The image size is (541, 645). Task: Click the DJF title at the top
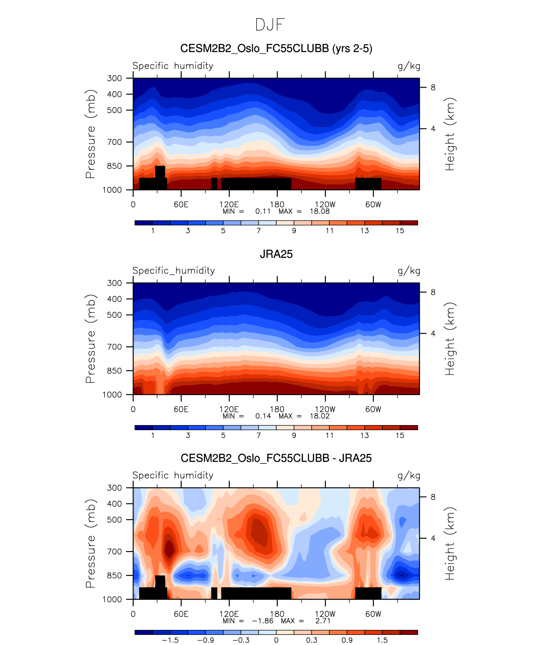[270, 25]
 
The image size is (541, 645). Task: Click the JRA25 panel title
[276, 254]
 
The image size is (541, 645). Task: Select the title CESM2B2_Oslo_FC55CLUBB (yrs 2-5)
[276, 48]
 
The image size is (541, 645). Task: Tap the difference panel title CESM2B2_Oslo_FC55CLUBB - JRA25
[276, 458]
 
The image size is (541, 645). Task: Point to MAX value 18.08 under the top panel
[320, 211]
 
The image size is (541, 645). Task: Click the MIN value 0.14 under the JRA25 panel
[263, 416]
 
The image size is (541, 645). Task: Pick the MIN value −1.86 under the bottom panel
[263, 621]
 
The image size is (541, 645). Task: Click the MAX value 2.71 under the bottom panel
[323, 621]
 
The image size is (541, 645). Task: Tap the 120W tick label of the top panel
[325, 204]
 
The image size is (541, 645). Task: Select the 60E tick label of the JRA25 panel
[181, 409]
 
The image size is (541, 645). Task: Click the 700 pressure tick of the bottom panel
[114, 551]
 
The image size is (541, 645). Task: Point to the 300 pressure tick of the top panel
[114, 78]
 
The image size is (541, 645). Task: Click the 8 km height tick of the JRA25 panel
[433, 292]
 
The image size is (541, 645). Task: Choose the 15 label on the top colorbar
[400, 230]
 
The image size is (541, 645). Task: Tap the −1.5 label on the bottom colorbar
[170, 640]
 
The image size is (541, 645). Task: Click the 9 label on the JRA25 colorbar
[294, 435]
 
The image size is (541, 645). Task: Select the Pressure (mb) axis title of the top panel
[90, 134]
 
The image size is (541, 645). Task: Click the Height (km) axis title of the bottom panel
[450, 543]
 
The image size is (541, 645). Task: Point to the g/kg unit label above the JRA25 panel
[409, 271]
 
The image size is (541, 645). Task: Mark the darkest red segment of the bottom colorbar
[409, 632]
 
